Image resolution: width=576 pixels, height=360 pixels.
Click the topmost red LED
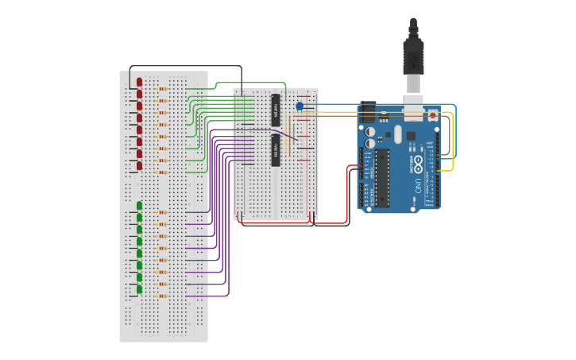(139, 82)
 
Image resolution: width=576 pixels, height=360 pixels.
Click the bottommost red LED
(139, 166)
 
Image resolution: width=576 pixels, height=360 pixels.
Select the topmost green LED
(139, 205)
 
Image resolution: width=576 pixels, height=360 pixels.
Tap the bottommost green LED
(139, 289)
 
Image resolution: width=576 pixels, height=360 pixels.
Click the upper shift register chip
(276, 109)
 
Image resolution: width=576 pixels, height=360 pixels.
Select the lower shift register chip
(276, 149)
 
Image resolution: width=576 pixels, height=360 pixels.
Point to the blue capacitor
(300, 106)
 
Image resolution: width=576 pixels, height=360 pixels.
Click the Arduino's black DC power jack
(368, 111)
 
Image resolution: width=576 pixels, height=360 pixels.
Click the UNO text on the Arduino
(419, 186)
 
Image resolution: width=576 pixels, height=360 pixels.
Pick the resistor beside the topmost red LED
(163, 89)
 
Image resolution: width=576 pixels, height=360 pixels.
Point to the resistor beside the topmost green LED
(163, 212)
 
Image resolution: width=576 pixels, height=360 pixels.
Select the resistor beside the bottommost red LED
(163, 172)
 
